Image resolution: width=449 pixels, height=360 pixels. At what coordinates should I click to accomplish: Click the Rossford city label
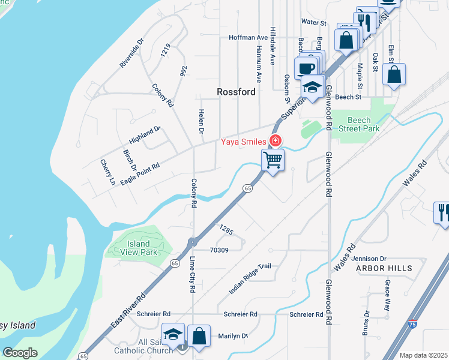(236, 92)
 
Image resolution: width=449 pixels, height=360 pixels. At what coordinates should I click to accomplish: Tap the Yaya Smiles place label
(244, 142)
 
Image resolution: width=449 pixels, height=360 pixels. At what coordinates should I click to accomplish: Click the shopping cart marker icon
(273, 160)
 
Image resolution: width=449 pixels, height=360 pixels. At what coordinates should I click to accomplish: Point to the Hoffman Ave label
(248, 37)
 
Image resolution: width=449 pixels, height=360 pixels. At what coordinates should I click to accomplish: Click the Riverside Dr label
(131, 53)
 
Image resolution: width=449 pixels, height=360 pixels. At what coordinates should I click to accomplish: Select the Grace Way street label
(388, 293)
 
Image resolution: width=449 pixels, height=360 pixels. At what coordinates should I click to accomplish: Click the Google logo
(20, 353)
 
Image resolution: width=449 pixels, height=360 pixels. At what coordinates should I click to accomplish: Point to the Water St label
(313, 22)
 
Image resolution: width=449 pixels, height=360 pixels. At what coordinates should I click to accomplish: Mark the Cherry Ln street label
(108, 172)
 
